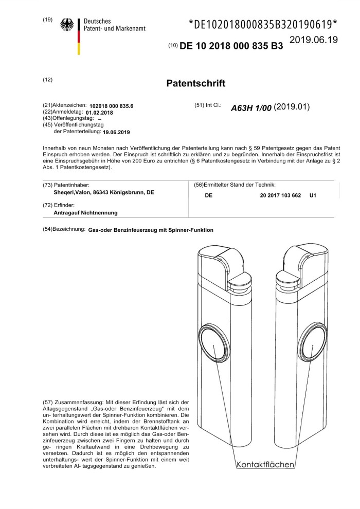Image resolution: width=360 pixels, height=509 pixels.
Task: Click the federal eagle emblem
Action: [x=67, y=25]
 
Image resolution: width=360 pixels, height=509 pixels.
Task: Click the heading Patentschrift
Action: [x=197, y=83]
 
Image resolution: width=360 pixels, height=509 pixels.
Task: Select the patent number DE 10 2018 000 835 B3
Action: [x=231, y=46]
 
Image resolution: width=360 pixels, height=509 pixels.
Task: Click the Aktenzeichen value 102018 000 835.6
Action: [x=111, y=105]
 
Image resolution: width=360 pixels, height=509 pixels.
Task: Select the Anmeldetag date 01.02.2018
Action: [x=100, y=112]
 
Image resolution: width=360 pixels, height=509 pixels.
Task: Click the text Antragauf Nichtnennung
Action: [x=86, y=212]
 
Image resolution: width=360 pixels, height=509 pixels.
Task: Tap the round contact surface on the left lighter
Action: [x=214, y=344]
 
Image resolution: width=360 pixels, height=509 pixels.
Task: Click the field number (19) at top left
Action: [x=48, y=20]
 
